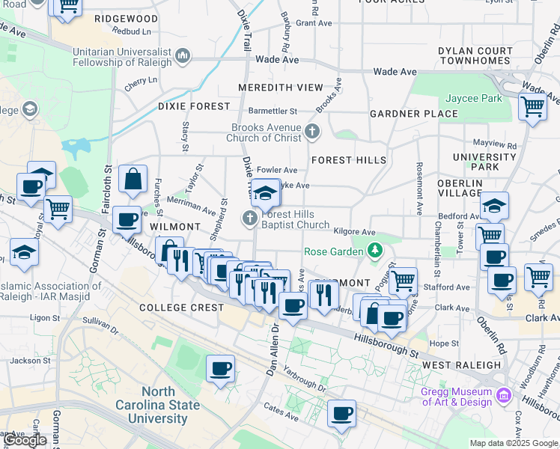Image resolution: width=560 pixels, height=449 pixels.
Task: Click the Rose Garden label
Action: pyautogui.click(x=332, y=251)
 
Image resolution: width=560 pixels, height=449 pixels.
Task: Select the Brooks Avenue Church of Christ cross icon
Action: pyautogui.click(x=312, y=132)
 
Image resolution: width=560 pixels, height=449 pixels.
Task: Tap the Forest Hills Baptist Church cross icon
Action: pyautogui.click(x=249, y=219)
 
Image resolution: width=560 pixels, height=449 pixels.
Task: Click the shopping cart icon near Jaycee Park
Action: pyautogui.click(x=532, y=106)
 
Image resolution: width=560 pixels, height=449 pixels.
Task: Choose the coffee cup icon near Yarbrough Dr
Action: pyautogui.click(x=220, y=368)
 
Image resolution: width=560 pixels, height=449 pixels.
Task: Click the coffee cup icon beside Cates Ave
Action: pyautogui.click(x=341, y=413)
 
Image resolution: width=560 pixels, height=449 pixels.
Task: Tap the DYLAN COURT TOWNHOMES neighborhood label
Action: pyautogui.click(x=475, y=56)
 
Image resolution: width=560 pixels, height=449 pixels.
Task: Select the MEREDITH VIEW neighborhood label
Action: pyautogui.click(x=281, y=88)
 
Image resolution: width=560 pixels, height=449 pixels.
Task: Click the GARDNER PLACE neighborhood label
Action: pyautogui.click(x=413, y=114)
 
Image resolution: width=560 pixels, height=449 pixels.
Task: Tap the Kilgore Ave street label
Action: pyautogui.click(x=354, y=233)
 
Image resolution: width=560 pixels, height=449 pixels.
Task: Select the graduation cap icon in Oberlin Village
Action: pyautogui.click(x=494, y=205)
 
